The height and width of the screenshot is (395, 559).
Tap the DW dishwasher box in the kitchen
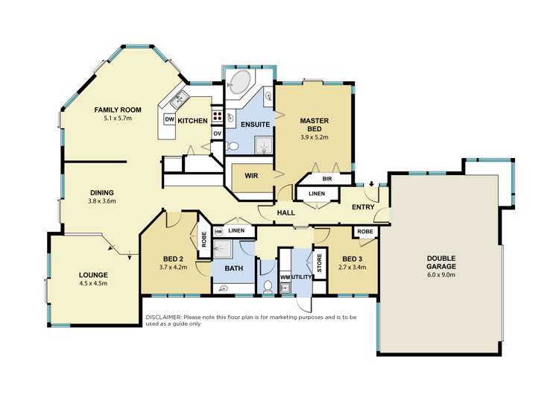[169, 119]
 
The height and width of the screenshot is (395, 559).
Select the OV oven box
[218, 133]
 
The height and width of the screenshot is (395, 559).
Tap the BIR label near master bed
[326, 179]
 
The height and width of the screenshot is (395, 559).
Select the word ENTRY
[363, 206]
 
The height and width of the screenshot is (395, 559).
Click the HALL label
[286, 212]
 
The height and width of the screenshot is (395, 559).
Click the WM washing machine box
[284, 277]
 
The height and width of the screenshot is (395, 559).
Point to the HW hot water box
[218, 232]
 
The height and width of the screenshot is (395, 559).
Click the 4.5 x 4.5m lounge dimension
[93, 283]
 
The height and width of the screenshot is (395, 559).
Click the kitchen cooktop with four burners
[218, 116]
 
